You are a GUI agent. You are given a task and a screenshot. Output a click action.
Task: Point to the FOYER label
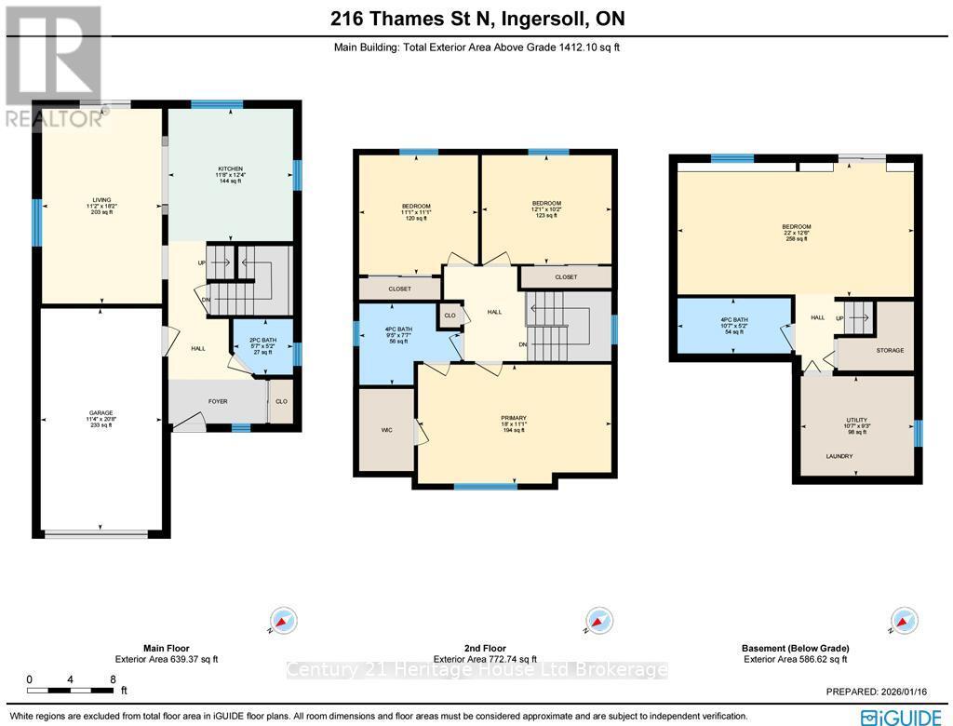point(218,402)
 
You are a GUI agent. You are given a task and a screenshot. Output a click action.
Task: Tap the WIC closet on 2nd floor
point(385,431)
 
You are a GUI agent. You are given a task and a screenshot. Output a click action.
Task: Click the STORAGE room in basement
point(890,350)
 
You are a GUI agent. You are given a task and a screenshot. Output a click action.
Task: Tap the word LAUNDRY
point(838,456)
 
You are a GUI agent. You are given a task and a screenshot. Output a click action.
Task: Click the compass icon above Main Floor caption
point(282,621)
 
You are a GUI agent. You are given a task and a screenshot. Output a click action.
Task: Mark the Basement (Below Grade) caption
point(796,648)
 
